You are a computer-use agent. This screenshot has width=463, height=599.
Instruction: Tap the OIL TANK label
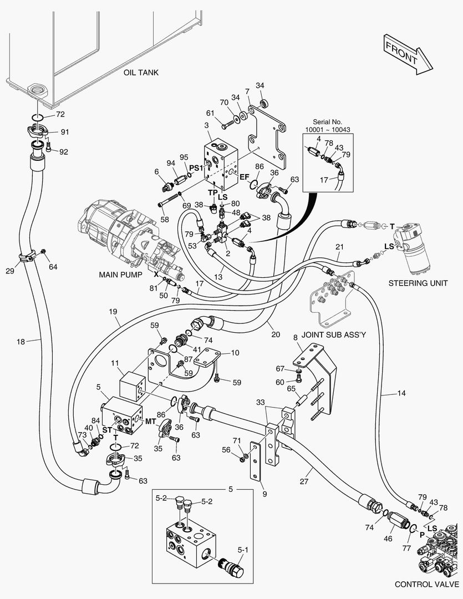point(141,73)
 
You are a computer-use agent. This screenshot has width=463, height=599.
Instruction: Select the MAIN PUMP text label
point(121,275)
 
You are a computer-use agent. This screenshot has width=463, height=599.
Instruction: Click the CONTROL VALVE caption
point(426,584)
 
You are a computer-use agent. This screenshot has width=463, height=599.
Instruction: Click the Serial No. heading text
point(328,121)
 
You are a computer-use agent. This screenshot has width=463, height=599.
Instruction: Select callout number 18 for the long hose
point(21,342)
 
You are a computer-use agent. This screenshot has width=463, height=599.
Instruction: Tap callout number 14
point(401,394)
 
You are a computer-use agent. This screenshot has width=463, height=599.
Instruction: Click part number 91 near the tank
point(64,132)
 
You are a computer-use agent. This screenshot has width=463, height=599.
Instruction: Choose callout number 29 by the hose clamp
point(9,270)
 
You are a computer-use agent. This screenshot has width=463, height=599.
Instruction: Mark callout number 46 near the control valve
point(388,538)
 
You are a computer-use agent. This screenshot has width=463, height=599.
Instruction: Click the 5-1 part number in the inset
point(243,550)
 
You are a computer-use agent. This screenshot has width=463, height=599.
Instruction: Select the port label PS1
point(195,167)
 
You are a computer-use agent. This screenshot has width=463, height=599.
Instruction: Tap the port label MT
point(150,421)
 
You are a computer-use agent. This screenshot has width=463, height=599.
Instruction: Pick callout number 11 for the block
point(115,363)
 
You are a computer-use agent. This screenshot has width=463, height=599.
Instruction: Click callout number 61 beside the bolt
point(210,113)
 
